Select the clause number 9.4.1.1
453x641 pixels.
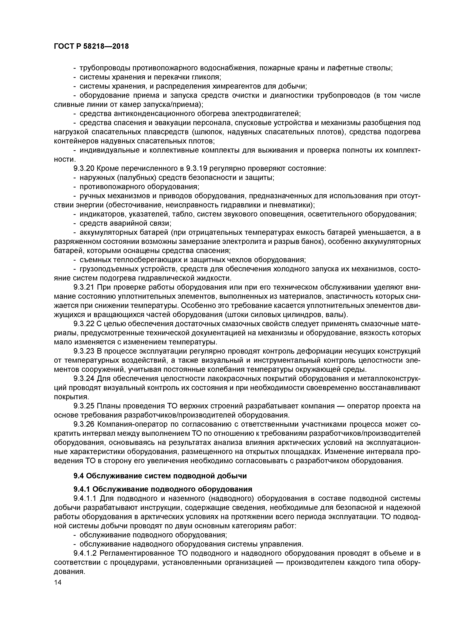point(85,498)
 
